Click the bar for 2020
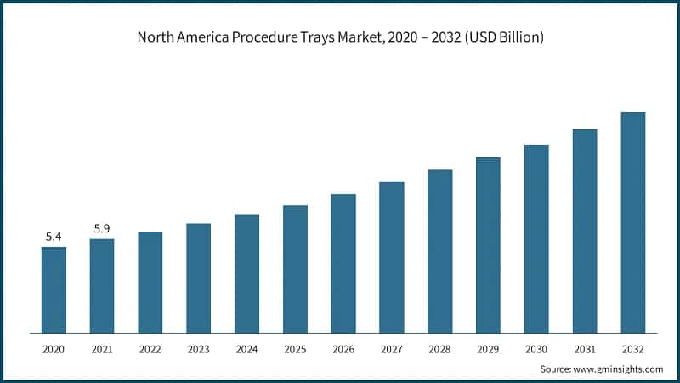click(54, 289)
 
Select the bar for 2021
click(102, 285)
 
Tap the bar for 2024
click(246, 273)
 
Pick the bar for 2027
click(391, 257)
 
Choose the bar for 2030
click(536, 238)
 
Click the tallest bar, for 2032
click(633, 222)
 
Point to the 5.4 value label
click(54, 237)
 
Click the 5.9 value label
click(102, 229)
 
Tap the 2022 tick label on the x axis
click(150, 349)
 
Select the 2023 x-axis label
click(198, 349)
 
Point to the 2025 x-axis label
click(295, 349)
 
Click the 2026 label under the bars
click(343, 349)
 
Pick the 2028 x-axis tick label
click(439, 349)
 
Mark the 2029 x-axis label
click(488, 349)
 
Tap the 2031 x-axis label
click(585, 349)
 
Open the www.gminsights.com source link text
click(618, 369)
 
